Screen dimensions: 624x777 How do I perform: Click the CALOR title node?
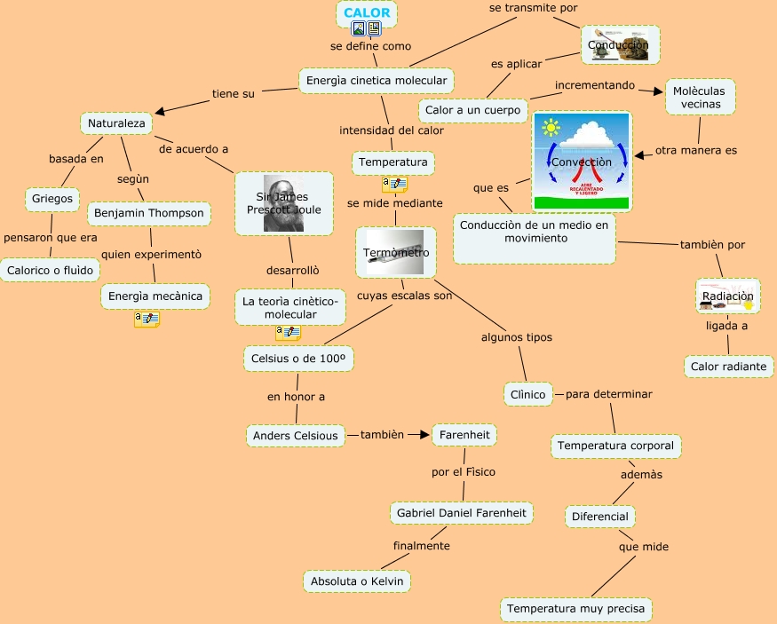[367, 13]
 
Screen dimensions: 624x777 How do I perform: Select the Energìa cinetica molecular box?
[377, 81]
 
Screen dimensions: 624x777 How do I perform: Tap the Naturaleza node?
[116, 122]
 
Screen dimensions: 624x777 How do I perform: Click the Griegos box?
[52, 197]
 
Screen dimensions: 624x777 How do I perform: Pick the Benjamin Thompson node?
[149, 213]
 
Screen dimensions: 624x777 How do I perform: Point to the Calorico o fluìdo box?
[50, 270]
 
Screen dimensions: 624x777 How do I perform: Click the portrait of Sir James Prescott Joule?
[283, 203]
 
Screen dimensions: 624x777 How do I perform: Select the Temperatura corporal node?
[615, 446]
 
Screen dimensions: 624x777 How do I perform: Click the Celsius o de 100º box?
[297, 359]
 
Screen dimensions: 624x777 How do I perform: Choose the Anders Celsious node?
[295, 436]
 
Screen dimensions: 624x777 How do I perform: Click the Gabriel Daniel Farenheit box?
[462, 513]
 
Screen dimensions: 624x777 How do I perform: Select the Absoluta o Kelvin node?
[356, 581]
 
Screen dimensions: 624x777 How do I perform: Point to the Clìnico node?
[528, 393]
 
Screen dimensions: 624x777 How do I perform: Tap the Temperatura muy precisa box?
[576, 610]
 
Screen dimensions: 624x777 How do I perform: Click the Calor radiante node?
[728, 366]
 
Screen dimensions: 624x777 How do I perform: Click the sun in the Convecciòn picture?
[552, 128]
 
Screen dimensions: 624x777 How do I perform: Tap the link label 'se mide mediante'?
[394, 203]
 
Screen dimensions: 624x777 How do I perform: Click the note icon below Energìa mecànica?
[147, 319]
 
